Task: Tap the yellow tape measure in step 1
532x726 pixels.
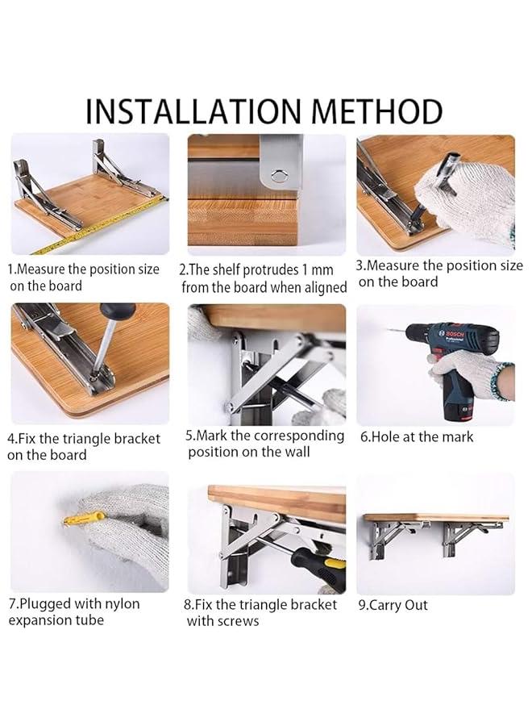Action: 97,230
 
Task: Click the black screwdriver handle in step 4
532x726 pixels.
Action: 117,313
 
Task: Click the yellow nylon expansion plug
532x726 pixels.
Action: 84,518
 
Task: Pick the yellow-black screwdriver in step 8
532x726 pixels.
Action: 318,561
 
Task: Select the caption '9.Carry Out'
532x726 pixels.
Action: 393,605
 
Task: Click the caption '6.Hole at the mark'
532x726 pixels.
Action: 416,436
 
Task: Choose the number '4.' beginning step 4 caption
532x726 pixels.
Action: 13,439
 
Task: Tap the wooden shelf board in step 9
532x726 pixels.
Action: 435,517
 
